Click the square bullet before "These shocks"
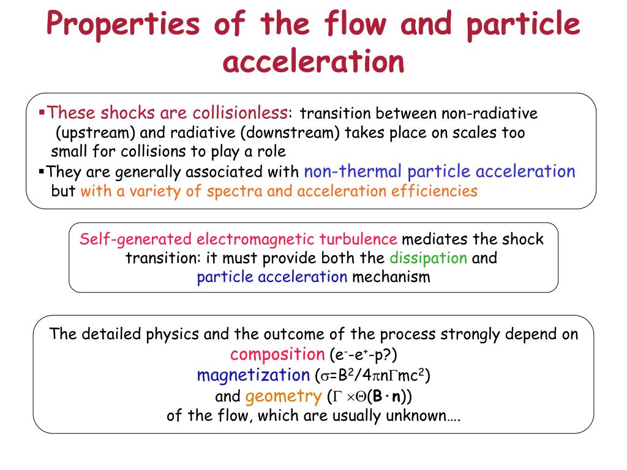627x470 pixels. click(42, 113)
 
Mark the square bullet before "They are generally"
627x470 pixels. click(42, 171)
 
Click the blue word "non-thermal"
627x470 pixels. click(353, 171)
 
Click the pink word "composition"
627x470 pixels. click(277, 354)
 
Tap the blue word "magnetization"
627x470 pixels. click(253, 374)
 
